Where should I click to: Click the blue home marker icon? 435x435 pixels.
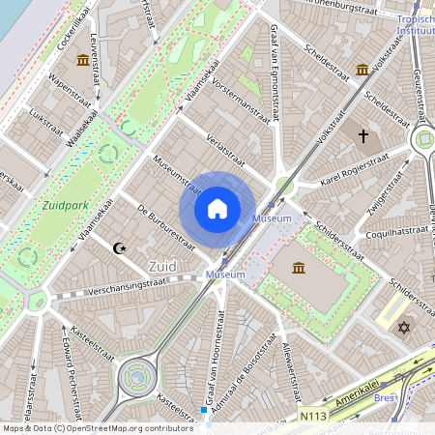[x=217, y=209]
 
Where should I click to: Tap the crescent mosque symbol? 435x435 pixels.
[x=120, y=248]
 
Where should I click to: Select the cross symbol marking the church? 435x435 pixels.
[x=363, y=137]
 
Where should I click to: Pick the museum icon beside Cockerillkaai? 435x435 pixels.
[x=82, y=61]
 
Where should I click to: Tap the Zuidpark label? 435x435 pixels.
[x=65, y=205]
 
